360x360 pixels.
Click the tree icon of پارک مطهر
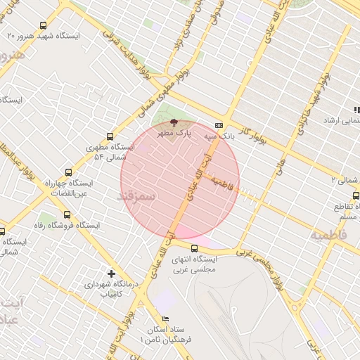coord(174,123)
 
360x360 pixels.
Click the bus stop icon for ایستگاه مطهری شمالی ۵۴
coord(109,136)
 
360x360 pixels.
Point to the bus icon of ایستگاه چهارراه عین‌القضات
coord(68,172)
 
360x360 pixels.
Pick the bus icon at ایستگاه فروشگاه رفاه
coord(67,214)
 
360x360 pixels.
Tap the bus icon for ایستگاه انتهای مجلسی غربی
coord(195,247)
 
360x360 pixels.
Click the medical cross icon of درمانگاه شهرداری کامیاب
coord(111,273)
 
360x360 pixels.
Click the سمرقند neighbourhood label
coord(136,195)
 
